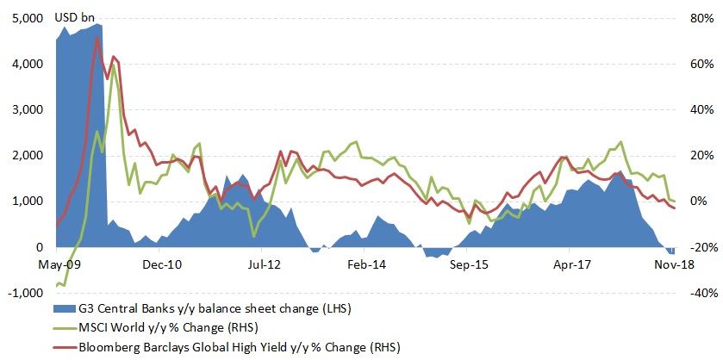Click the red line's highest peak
[x=97, y=38]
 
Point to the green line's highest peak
[x=114, y=65]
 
